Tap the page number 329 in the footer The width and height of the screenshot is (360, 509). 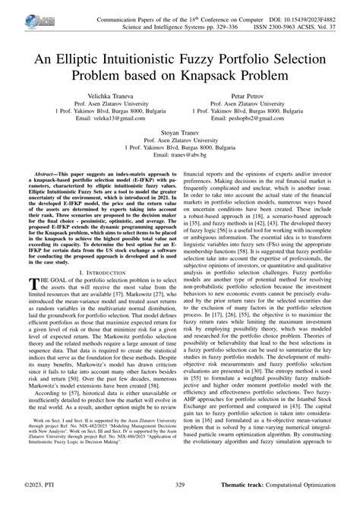(x=180, y=503)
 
